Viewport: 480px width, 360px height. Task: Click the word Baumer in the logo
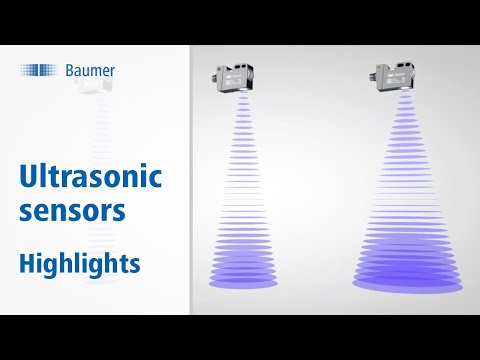click(x=90, y=70)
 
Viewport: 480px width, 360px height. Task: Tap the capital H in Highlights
click(x=28, y=263)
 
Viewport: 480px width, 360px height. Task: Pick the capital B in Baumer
click(x=71, y=70)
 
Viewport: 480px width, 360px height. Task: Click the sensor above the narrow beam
click(x=235, y=79)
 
